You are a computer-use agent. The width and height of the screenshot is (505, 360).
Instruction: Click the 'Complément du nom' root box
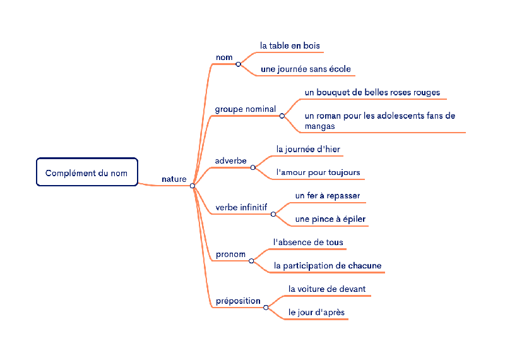[x=86, y=172]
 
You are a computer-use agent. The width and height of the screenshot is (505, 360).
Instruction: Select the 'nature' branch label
[x=174, y=179]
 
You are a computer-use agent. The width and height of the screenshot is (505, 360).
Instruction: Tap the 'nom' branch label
[x=224, y=57]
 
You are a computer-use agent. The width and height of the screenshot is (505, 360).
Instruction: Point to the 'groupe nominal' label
[x=246, y=109]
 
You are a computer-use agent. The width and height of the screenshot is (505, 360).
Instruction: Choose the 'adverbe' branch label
[x=231, y=161]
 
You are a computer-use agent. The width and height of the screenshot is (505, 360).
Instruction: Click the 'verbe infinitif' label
[x=241, y=207]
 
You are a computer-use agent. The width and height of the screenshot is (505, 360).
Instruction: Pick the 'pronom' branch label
[x=230, y=255]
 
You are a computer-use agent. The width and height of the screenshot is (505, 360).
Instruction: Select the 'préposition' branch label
[x=238, y=301]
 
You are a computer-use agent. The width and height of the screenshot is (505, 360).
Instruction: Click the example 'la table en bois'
[x=290, y=45]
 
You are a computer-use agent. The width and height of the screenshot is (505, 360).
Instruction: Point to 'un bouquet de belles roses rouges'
[x=372, y=92]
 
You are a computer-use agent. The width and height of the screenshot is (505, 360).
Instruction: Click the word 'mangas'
[x=319, y=126]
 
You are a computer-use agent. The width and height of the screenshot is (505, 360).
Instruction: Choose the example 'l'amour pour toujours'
[x=318, y=172]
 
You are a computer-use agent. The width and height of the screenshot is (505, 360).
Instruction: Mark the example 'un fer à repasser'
[x=328, y=196]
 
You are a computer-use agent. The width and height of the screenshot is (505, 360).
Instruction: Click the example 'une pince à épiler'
[x=330, y=219]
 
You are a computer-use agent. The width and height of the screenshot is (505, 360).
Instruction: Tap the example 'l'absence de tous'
[x=308, y=242]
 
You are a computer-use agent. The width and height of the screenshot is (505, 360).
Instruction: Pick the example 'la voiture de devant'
[x=327, y=289]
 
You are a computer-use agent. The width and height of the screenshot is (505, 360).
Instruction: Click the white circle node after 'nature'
[x=193, y=186]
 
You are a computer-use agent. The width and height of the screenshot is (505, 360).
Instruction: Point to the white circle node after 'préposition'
[x=266, y=308]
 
